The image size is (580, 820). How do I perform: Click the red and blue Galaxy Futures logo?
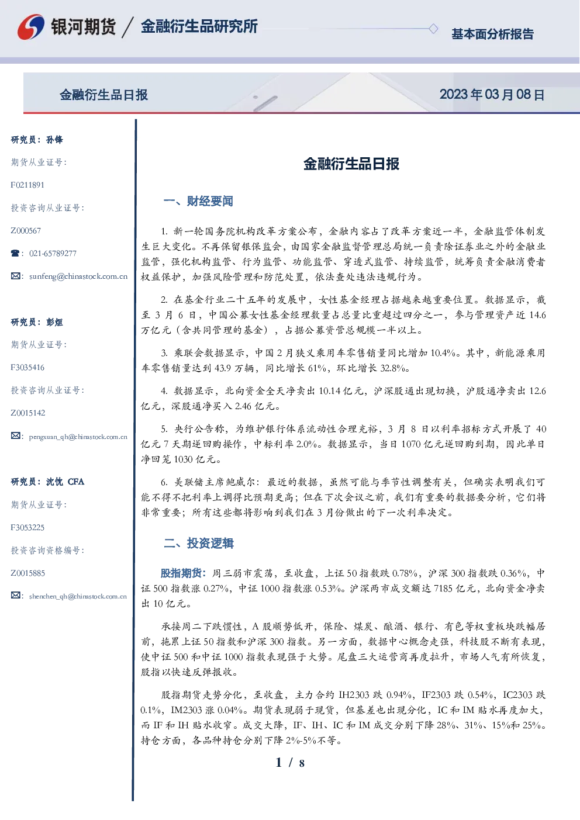[31, 27]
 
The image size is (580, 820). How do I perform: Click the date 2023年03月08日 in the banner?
[492, 95]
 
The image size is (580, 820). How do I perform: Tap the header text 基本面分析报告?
[492, 34]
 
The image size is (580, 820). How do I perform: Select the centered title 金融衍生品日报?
[351, 164]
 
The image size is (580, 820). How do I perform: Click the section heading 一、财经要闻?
[198, 201]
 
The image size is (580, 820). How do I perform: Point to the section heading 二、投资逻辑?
[198, 543]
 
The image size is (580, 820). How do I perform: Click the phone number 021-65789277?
[53, 253]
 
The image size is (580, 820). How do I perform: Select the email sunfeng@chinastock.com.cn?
[78, 276]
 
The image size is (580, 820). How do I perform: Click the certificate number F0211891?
[27, 185]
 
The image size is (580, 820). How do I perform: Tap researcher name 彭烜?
[54, 322]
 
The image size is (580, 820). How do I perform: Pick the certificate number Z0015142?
[28, 413]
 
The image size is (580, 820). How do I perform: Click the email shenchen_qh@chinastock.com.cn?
[78, 596]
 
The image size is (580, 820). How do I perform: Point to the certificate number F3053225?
[27, 528]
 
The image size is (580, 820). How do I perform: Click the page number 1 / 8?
[290, 763]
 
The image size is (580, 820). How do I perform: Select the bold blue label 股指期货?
[181, 573]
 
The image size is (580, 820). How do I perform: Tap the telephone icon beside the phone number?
[15, 253]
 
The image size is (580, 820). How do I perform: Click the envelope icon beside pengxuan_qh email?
[15, 435]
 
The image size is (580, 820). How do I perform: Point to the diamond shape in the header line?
[433, 29]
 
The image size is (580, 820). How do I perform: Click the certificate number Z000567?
[26, 231]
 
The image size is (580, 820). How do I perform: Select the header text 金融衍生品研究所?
[199, 26]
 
